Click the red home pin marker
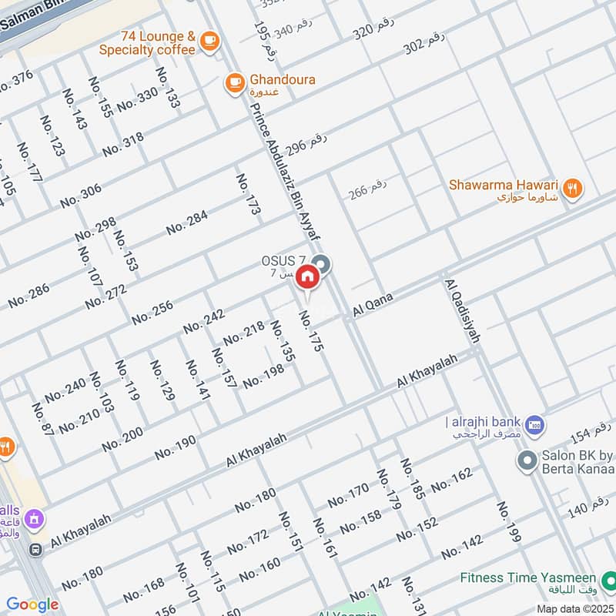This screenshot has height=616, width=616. point(307,276)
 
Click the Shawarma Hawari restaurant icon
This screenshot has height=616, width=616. point(571,187)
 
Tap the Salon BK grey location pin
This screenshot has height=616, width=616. point(527,460)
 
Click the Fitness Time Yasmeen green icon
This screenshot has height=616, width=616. point(608,577)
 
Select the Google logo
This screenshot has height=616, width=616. point(32,604)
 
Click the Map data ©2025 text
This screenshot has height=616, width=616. point(574,609)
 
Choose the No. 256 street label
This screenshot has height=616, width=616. point(152,309)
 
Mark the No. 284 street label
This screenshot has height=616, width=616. point(187,222)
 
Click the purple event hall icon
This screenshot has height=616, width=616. point(33,520)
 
